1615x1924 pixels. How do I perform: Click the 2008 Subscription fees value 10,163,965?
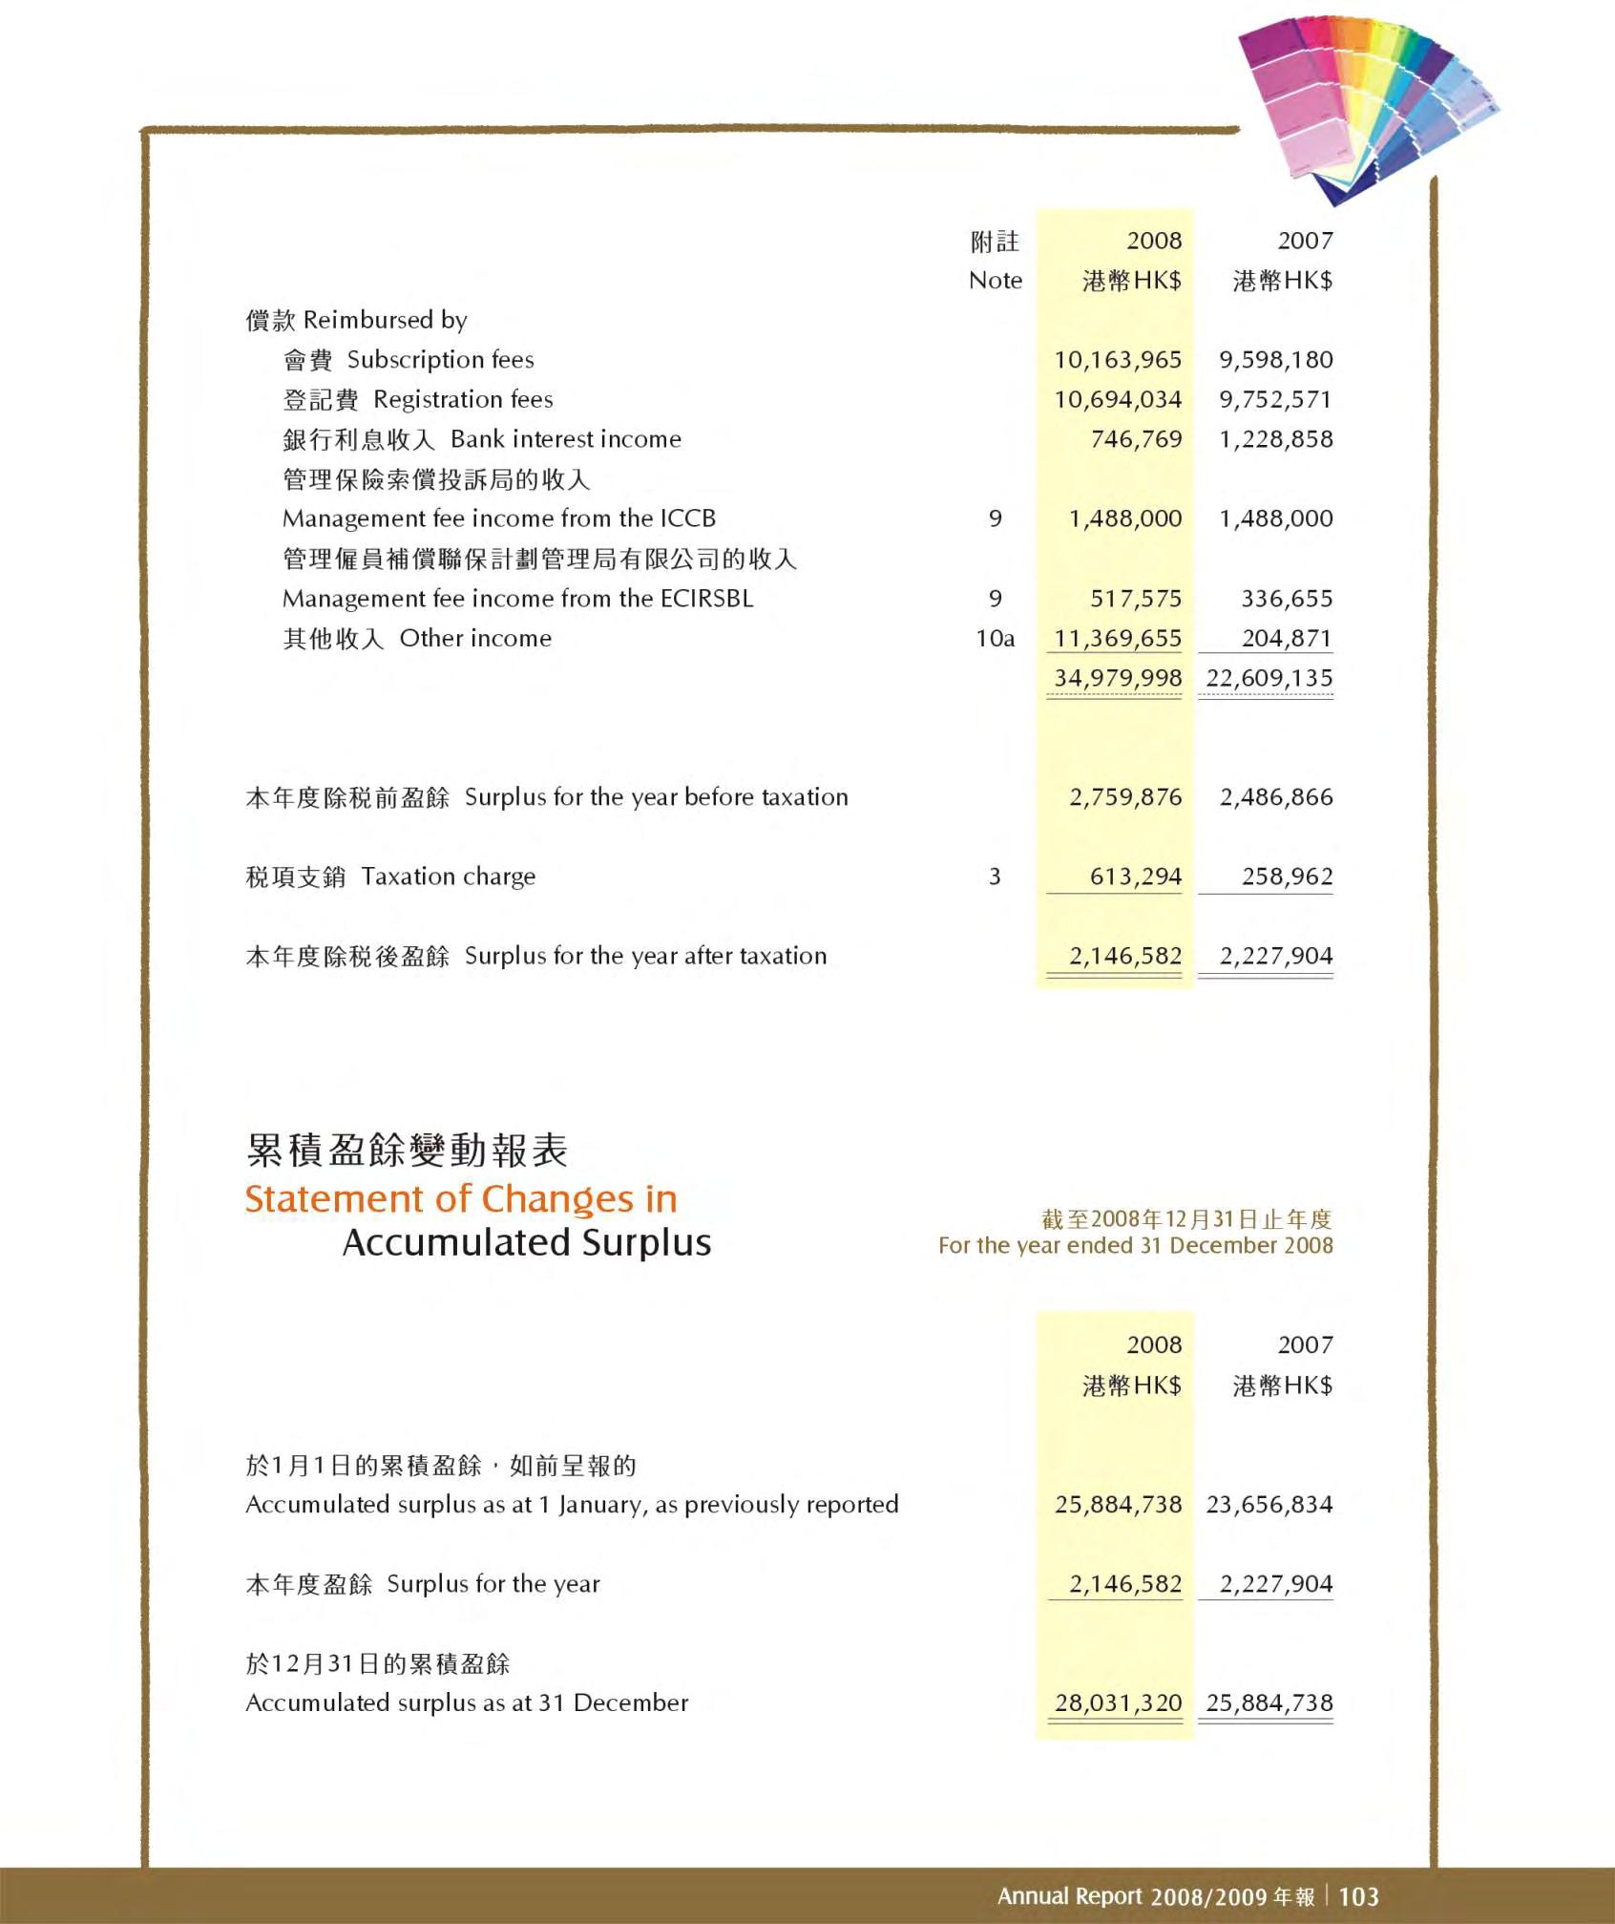(1117, 360)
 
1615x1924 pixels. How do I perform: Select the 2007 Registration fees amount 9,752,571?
(1275, 400)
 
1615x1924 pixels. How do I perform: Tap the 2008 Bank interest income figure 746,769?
(1136, 439)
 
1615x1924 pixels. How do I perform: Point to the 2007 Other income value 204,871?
(1287, 639)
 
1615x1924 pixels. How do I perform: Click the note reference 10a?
(995, 639)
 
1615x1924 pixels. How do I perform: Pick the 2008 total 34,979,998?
(1117, 678)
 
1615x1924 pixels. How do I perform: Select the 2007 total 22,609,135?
(1269, 678)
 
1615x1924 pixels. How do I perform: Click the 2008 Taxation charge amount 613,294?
(1136, 877)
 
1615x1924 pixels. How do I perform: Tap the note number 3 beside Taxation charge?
(995, 877)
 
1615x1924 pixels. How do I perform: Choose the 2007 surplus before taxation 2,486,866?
(1276, 797)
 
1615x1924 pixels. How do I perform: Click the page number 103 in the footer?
(1358, 1896)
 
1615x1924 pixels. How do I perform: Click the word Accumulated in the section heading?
(455, 1243)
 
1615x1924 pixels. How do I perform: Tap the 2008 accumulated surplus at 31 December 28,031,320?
(1118, 1702)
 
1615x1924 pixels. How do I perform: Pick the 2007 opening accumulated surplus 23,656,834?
(1269, 1505)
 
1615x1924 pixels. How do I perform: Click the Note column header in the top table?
(995, 281)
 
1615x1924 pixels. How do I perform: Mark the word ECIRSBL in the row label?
(706, 599)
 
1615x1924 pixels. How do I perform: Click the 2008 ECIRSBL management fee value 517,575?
(1136, 599)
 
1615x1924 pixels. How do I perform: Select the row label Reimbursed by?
(385, 320)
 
